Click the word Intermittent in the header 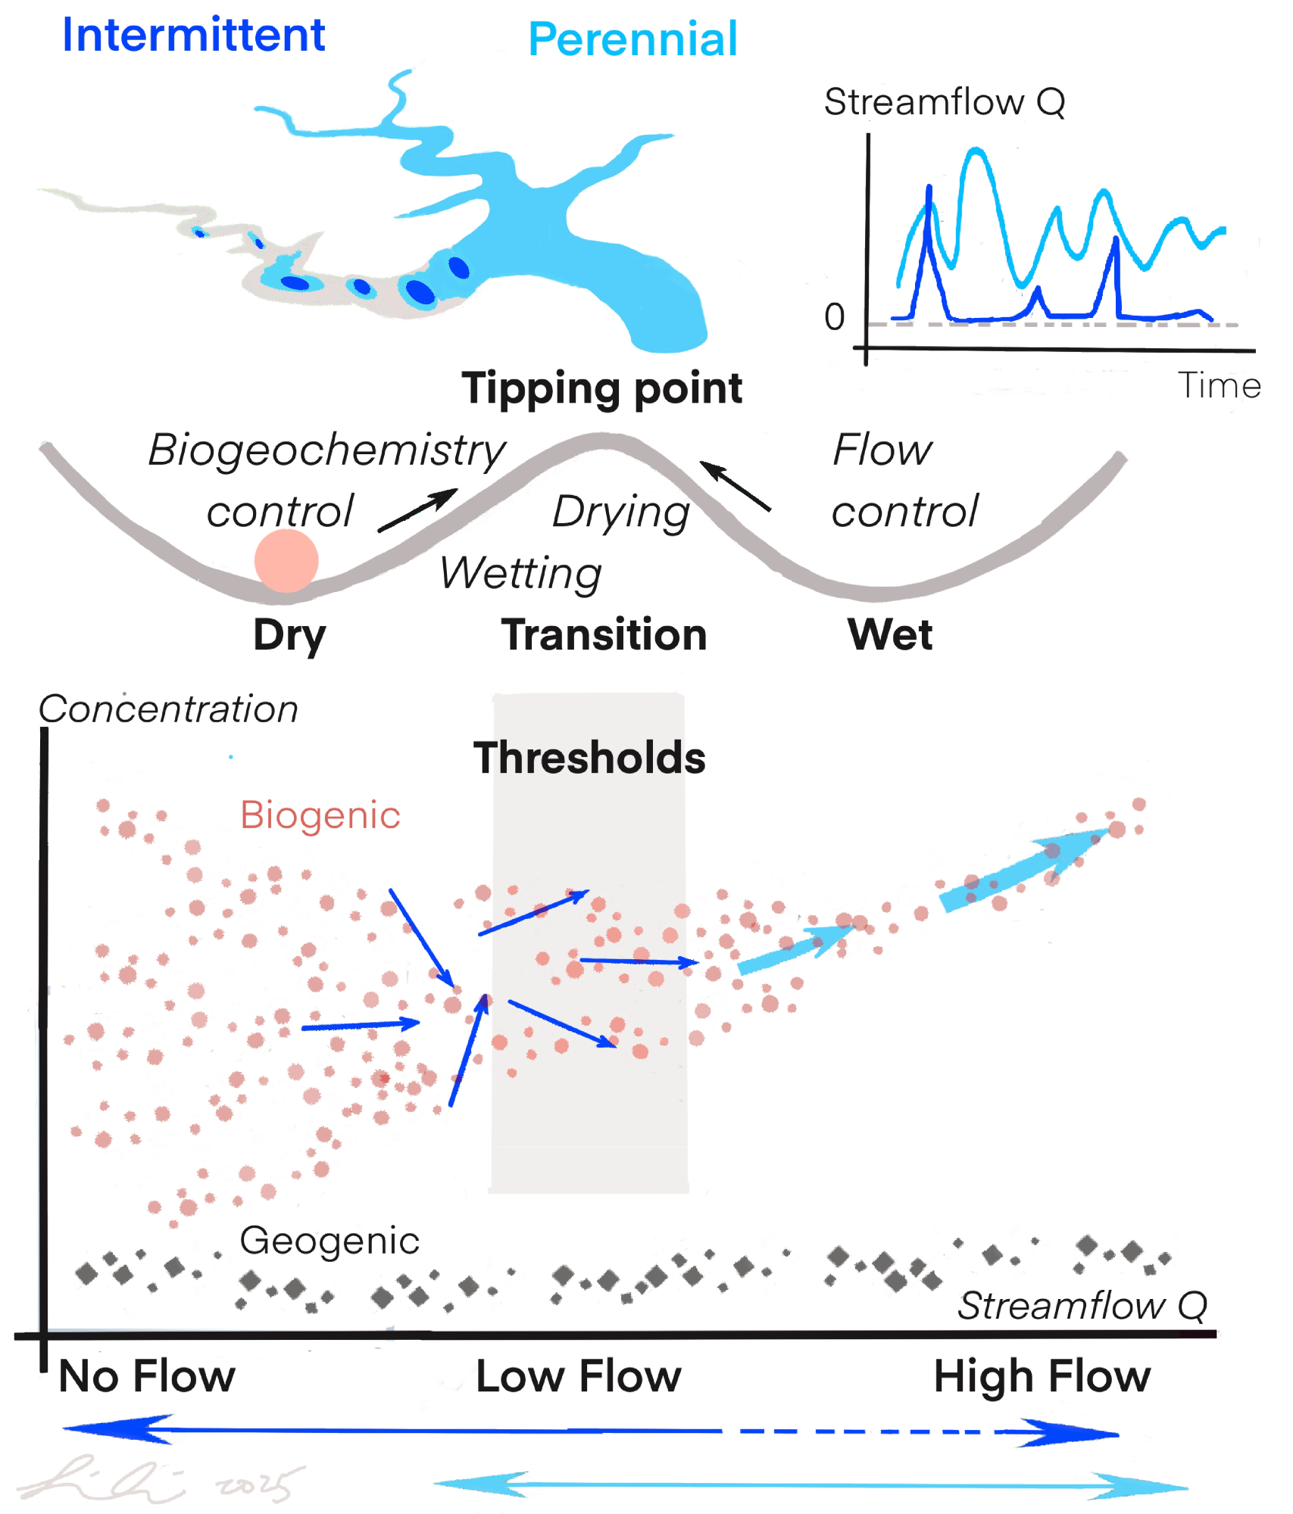coord(193,36)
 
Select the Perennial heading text coord(632,39)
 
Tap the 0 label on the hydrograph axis coord(834,317)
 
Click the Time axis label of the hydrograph coord(1219,386)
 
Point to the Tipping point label coord(602,389)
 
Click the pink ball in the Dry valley coord(286,561)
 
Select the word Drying coord(621,512)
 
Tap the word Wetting coord(521,574)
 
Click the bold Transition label coord(604,634)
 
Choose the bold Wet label coord(890,634)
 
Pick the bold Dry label coord(289,636)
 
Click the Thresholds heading coord(589,758)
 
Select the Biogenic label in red coord(320,815)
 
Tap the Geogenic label coord(329,1241)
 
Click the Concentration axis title coord(168,709)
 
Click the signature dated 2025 coord(159,1480)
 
